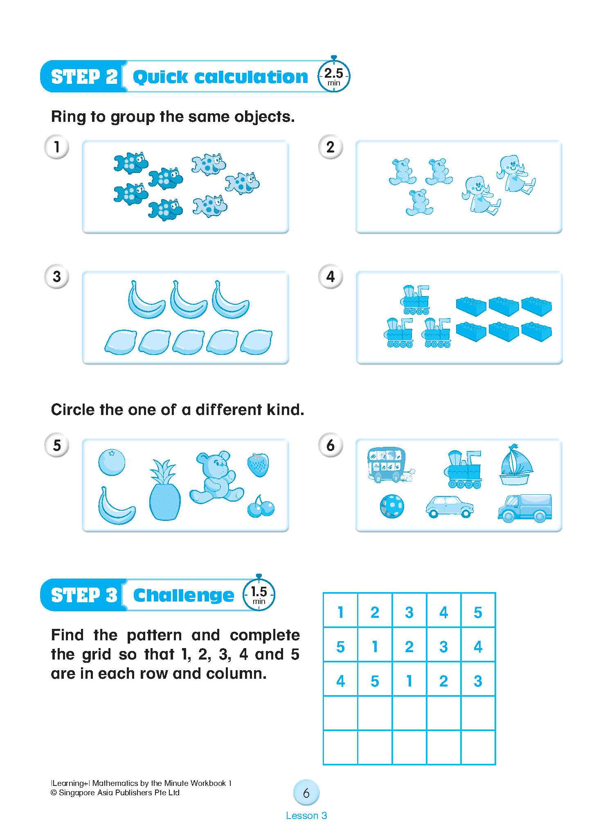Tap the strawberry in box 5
(258, 464)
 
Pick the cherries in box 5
(261, 507)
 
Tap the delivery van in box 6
(525, 508)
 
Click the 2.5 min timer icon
(334, 76)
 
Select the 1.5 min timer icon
(259, 595)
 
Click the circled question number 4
(331, 277)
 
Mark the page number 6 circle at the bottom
(306, 793)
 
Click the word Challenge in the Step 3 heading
(184, 595)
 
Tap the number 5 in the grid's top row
(478, 613)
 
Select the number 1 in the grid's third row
(409, 681)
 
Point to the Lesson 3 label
(306, 816)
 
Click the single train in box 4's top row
(415, 300)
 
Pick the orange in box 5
(112, 462)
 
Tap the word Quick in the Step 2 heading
(160, 77)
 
